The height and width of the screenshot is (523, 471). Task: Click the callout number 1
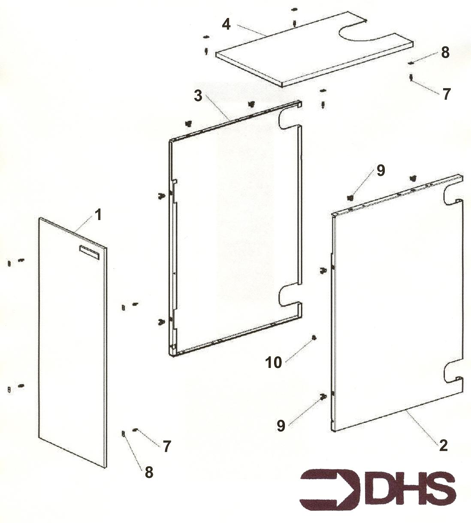(x=97, y=215)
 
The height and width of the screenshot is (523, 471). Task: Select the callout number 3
(x=198, y=96)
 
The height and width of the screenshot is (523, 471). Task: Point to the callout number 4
(x=226, y=25)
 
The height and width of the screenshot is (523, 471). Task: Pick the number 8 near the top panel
(x=446, y=52)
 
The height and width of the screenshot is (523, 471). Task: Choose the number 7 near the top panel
(x=446, y=94)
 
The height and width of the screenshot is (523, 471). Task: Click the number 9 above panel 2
(x=380, y=171)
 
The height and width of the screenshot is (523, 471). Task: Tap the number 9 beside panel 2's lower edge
(x=281, y=426)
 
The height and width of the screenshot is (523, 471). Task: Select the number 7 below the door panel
(x=166, y=447)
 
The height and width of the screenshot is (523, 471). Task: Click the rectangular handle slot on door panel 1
(x=89, y=252)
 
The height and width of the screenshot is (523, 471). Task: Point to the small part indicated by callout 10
(x=314, y=338)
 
